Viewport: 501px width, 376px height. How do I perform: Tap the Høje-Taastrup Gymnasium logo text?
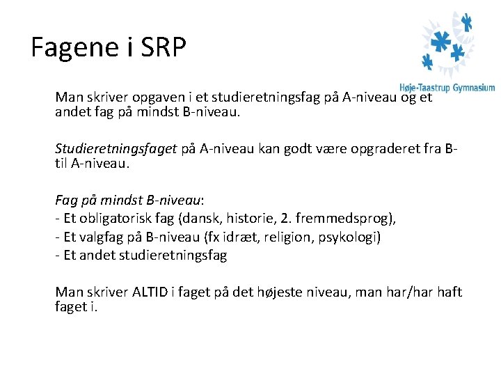click(447, 88)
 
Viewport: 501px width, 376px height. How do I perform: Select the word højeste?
click(277, 292)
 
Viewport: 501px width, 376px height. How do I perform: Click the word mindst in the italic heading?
click(119, 201)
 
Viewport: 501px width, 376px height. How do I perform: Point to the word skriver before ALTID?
click(106, 292)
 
